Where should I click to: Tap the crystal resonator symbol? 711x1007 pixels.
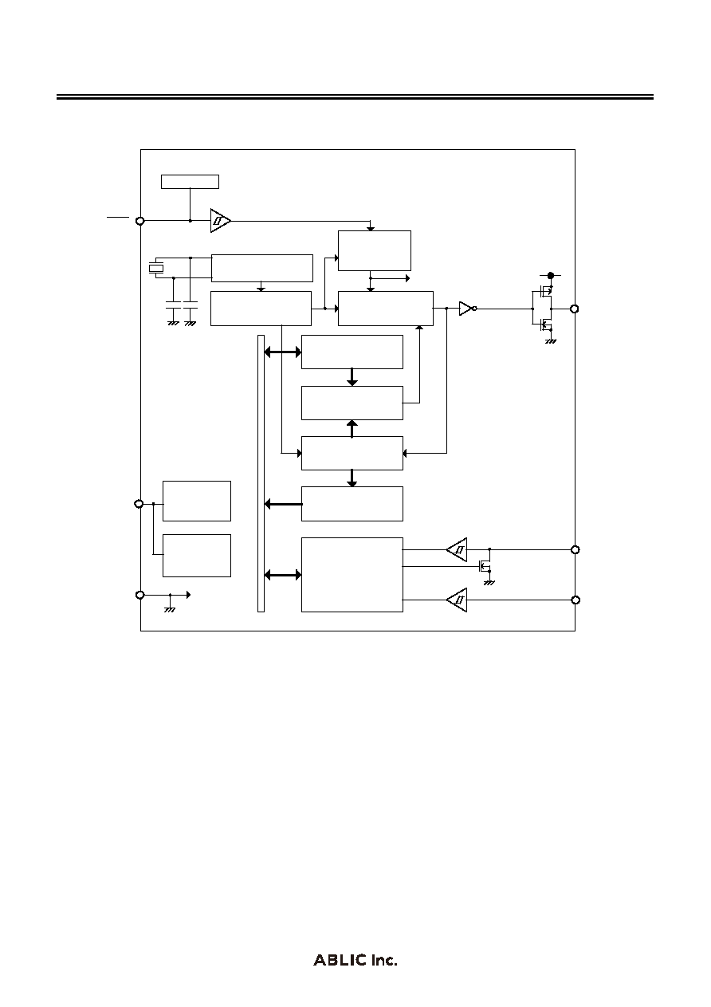tap(156, 269)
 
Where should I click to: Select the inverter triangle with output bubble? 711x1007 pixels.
tap(468, 309)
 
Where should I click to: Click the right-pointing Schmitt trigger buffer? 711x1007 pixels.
tap(221, 221)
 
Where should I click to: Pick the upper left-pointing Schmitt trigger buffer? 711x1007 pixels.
tap(457, 549)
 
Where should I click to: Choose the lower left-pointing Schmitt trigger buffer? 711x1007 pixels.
tap(457, 600)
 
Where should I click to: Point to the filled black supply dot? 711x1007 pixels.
tap(551, 275)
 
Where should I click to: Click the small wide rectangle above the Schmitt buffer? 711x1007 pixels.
tap(191, 182)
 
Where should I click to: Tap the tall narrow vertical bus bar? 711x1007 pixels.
tap(261, 474)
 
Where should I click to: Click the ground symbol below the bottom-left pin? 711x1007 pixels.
tap(170, 609)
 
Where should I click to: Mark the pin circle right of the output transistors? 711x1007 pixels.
tap(574, 309)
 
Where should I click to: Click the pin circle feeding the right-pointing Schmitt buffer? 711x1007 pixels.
tap(139, 221)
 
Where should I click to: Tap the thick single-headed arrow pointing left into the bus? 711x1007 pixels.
tap(283, 504)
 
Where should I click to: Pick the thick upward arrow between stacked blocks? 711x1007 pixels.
tap(352, 428)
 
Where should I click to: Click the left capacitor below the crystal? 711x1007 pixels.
tap(174, 305)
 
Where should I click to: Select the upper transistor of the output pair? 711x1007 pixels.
tap(544, 292)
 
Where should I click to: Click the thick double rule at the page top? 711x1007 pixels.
tap(355, 97)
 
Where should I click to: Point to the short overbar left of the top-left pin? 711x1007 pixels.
tap(118, 217)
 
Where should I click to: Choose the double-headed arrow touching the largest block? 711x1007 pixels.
tap(283, 575)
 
